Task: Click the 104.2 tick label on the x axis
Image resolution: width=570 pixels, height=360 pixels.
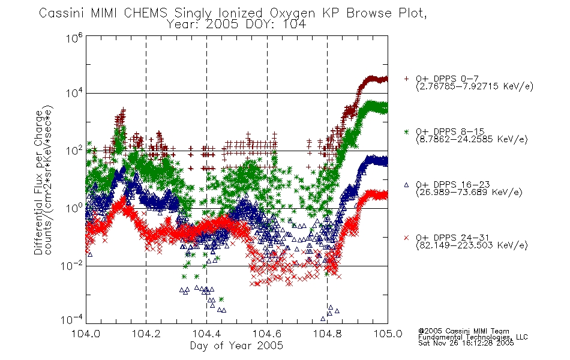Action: (x=146, y=334)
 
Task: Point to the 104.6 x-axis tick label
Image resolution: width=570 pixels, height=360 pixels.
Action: (x=267, y=334)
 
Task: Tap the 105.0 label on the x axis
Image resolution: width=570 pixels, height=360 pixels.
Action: (x=388, y=334)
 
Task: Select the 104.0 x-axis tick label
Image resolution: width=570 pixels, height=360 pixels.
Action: (x=86, y=334)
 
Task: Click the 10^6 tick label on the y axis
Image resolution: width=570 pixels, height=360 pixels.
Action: (x=74, y=38)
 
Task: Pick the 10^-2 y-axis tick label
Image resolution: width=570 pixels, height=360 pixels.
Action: (x=72, y=265)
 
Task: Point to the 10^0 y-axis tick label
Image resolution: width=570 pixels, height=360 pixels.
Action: (x=74, y=208)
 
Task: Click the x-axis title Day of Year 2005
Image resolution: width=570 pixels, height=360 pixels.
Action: (x=236, y=346)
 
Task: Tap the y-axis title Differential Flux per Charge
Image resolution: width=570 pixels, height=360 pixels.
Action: (x=38, y=182)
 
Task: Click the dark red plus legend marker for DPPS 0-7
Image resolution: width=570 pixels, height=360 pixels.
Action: (x=406, y=79)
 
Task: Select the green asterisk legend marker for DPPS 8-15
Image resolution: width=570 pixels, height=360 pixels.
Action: (x=406, y=131)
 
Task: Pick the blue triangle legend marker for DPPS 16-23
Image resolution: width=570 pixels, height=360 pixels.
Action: (x=406, y=185)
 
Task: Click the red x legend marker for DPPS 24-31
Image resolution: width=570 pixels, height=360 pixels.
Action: (x=406, y=238)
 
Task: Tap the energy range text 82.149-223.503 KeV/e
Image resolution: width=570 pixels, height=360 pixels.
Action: (x=472, y=245)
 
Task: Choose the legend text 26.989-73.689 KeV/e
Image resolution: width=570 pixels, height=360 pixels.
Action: (x=469, y=193)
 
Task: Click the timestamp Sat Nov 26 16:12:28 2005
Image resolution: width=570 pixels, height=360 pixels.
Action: (x=466, y=343)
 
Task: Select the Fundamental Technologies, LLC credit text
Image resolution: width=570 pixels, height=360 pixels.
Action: (x=473, y=337)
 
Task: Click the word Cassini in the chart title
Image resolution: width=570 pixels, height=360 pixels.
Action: (x=62, y=13)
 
